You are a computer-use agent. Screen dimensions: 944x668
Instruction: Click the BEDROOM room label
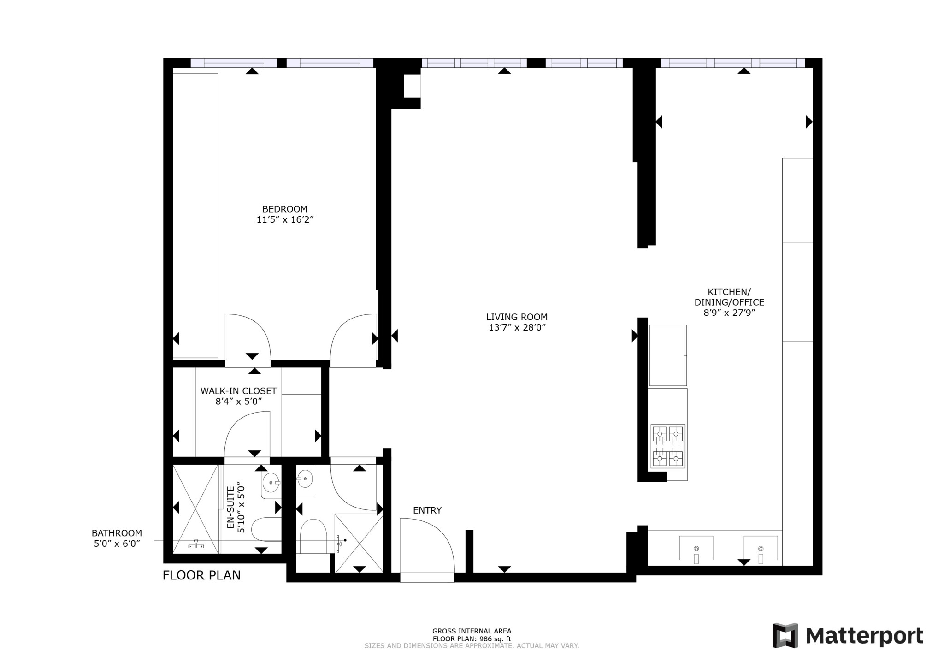coord(284,209)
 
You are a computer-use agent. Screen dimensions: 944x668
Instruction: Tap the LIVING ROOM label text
coord(517,317)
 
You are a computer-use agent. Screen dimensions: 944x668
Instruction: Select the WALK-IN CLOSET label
coord(238,391)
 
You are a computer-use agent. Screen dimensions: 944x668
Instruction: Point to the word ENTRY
coord(427,510)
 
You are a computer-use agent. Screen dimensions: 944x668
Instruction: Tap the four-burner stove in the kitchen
coord(668,446)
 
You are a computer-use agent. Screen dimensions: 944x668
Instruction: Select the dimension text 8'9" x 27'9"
coord(729,313)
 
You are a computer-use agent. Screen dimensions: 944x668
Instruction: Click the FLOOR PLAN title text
coord(201,575)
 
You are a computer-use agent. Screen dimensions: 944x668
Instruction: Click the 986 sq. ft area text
coord(489,639)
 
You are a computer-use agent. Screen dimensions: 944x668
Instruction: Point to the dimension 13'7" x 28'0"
coord(517,328)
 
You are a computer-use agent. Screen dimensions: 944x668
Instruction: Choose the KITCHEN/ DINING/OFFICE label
coord(729,297)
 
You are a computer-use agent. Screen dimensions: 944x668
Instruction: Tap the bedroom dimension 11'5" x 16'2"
coord(285,220)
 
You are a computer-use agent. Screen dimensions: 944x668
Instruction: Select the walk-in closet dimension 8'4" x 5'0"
coord(239,402)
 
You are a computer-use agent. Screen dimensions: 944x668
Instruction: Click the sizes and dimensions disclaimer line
coord(472,646)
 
